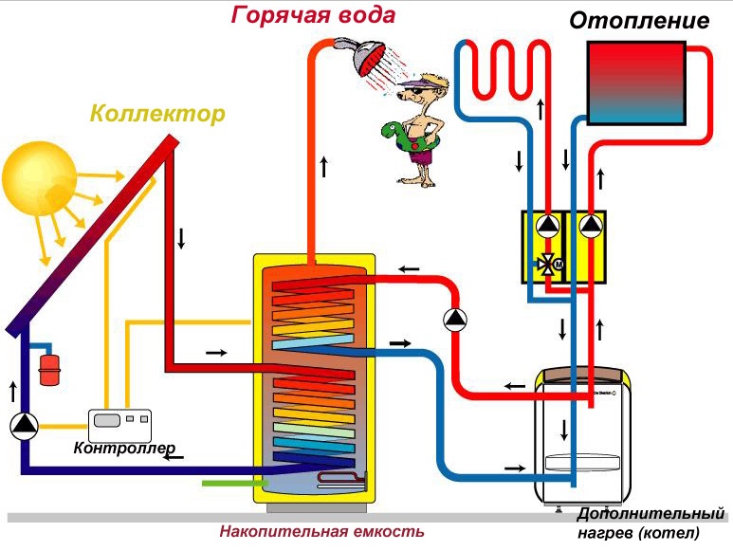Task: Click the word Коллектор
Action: (157, 115)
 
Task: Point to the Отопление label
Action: (638, 20)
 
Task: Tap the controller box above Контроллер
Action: (120, 422)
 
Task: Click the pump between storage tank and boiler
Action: (456, 320)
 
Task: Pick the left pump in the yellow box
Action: (547, 227)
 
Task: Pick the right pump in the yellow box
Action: (591, 227)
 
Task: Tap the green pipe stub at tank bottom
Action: (228, 484)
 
